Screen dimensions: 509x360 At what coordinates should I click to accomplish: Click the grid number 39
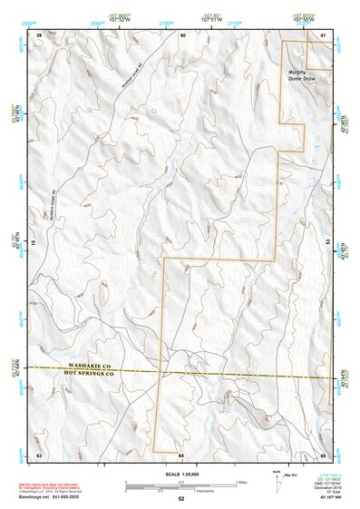pyautogui.click(x=39, y=34)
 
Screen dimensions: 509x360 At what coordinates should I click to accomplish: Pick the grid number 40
pyautogui.click(x=182, y=34)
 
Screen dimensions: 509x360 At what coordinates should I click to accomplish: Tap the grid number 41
pyautogui.click(x=324, y=34)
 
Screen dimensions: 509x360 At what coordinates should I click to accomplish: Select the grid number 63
pyautogui.click(x=39, y=454)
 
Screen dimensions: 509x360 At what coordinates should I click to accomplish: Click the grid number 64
pyautogui.click(x=181, y=454)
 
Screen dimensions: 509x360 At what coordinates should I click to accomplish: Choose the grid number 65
pyautogui.click(x=323, y=454)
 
